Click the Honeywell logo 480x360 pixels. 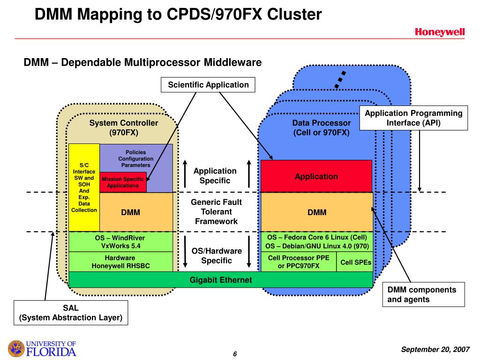click(440, 32)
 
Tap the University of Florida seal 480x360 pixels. click(16, 348)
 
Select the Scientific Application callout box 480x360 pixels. click(208, 85)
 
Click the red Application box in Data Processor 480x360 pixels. click(316, 176)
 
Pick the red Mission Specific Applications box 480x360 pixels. click(123, 182)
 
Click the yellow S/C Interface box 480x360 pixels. click(84, 187)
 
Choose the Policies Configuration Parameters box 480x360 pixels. click(136, 158)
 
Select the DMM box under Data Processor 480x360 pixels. click(317, 212)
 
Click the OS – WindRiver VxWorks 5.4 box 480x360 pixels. click(120, 242)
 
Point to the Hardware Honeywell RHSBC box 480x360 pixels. click(120, 262)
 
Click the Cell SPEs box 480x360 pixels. click(355, 262)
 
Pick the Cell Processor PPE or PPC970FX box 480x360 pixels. click(299, 262)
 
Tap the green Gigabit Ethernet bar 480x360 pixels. click(221, 279)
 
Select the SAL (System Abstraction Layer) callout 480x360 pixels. click(71, 313)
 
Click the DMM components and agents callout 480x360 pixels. click(424, 294)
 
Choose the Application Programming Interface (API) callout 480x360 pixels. click(413, 118)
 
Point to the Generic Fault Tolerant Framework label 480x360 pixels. click(217, 211)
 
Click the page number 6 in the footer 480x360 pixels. click(235, 354)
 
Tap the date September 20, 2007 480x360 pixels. click(435, 349)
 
